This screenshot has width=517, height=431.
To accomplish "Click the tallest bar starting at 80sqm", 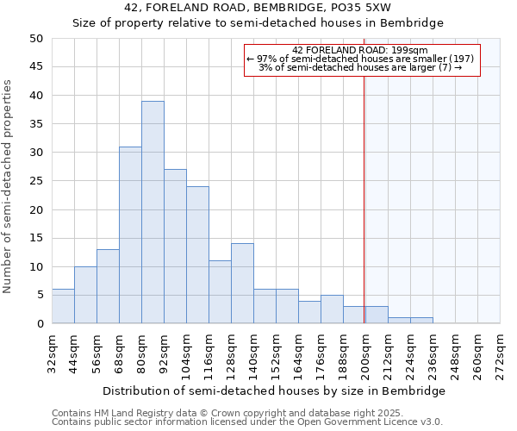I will pyautogui.click(x=153, y=212).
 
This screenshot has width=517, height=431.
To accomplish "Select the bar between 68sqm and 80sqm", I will pyautogui.click(x=130, y=234).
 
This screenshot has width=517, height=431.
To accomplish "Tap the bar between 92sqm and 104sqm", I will pyautogui.click(x=175, y=246).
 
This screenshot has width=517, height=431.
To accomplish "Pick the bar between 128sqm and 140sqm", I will pyautogui.click(x=242, y=284).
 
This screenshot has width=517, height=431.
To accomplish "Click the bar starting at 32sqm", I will pyautogui.click(x=63, y=306).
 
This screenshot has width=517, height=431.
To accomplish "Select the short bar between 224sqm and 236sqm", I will pyautogui.click(x=421, y=321).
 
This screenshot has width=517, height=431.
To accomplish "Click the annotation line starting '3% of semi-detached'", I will pyautogui.click(x=361, y=67).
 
